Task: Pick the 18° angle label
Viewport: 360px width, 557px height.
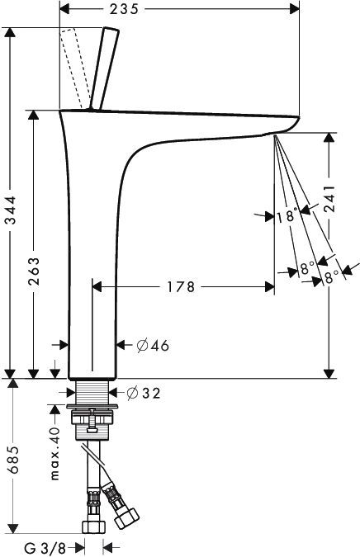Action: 287,216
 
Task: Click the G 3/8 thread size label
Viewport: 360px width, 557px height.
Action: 41,546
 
